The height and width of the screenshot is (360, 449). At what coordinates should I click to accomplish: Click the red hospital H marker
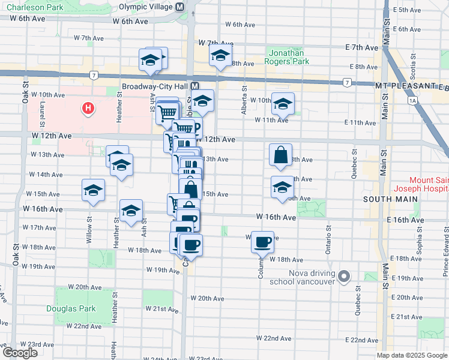(x=88, y=109)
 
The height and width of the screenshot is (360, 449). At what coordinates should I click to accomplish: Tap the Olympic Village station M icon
(x=179, y=7)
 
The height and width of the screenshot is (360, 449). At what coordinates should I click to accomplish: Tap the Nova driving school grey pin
(x=344, y=277)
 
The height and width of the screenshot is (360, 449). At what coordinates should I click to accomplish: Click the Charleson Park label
(x=32, y=7)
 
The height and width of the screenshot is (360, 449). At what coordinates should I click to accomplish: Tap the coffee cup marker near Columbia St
(x=262, y=241)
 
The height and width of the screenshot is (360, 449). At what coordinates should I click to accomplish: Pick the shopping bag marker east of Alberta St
(x=281, y=155)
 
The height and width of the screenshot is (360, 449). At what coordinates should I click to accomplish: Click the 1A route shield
(x=412, y=101)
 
